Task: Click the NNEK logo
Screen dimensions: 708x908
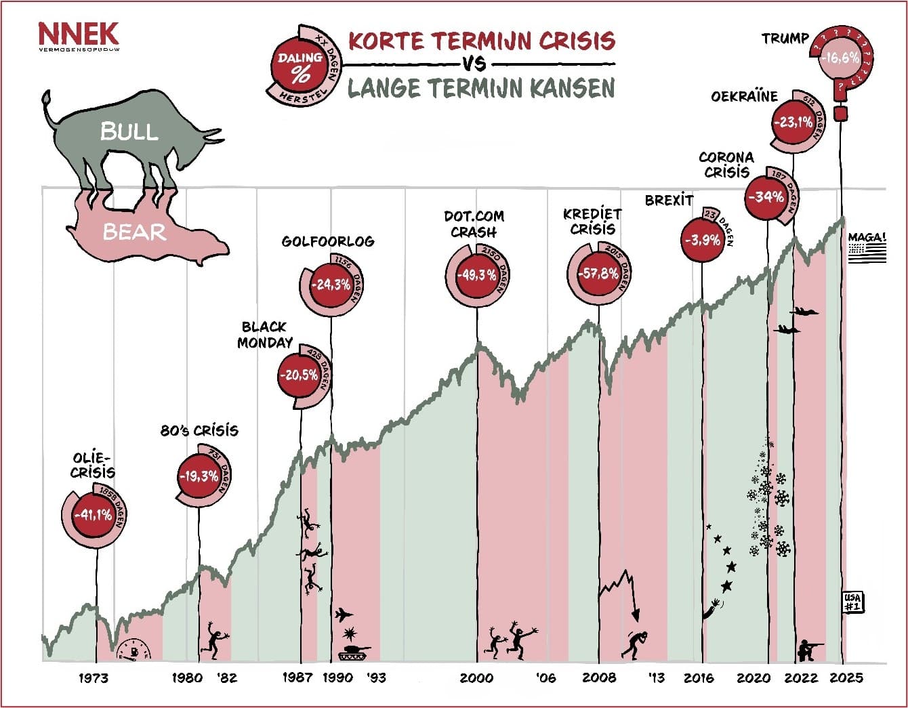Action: click(x=78, y=35)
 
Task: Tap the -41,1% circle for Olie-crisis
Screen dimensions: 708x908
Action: click(x=94, y=516)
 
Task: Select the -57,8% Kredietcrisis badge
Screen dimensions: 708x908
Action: click(x=598, y=274)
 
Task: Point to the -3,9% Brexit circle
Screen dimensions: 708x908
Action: click(x=703, y=240)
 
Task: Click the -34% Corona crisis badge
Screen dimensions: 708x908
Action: click(x=766, y=197)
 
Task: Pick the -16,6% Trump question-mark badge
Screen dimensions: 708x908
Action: click(x=840, y=59)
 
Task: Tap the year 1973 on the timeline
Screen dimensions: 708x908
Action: click(x=94, y=678)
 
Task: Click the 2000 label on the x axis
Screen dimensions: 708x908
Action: click(x=476, y=678)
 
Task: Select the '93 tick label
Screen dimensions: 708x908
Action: click(x=375, y=678)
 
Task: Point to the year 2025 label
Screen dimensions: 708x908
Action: click(x=846, y=678)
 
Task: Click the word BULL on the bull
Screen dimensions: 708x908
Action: click(x=129, y=131)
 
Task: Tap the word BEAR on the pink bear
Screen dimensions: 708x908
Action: click(x=134, y=232)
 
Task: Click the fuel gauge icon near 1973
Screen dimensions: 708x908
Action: click(x=136, y=650)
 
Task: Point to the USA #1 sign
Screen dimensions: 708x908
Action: click(x=852, y=602)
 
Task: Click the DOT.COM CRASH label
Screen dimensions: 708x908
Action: click(x=474, y=224)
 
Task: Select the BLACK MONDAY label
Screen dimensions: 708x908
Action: click(x=265, y=335)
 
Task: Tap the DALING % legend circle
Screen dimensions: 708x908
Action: click(x=300, y=66)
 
